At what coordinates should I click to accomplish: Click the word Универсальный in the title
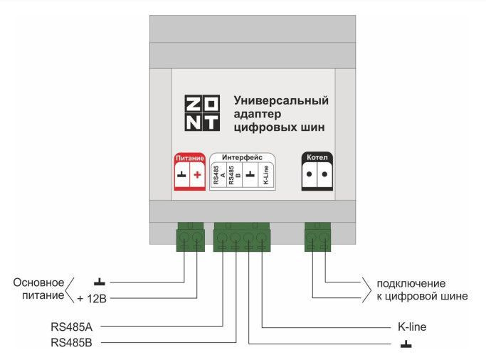pos(281,101)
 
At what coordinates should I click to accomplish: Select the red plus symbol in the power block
pos(198,174)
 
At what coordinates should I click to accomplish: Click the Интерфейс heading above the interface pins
pos(242,157)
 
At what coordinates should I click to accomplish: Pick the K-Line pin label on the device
pos(265,175)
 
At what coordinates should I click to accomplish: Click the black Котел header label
pos(316,157)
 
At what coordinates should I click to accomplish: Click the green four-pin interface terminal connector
pos(242,236)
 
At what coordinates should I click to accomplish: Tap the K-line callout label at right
pos(411,327)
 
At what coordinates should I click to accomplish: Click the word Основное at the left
pos(39,282)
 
